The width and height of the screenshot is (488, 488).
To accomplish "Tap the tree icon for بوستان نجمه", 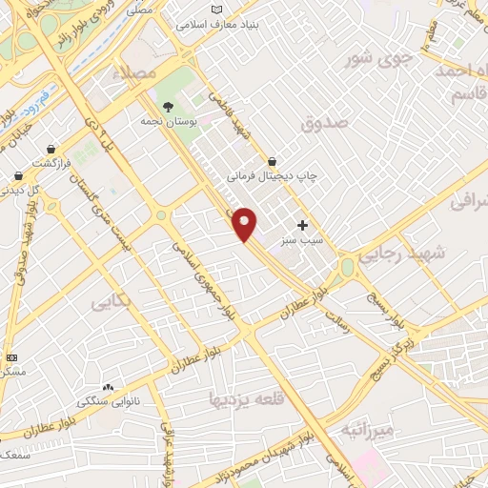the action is coord(168,108).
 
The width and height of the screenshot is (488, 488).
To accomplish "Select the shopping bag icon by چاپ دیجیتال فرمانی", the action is coord(273,162).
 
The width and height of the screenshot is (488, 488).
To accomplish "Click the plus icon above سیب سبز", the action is coord(303,226).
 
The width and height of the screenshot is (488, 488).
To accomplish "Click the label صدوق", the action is coord(319,124).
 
